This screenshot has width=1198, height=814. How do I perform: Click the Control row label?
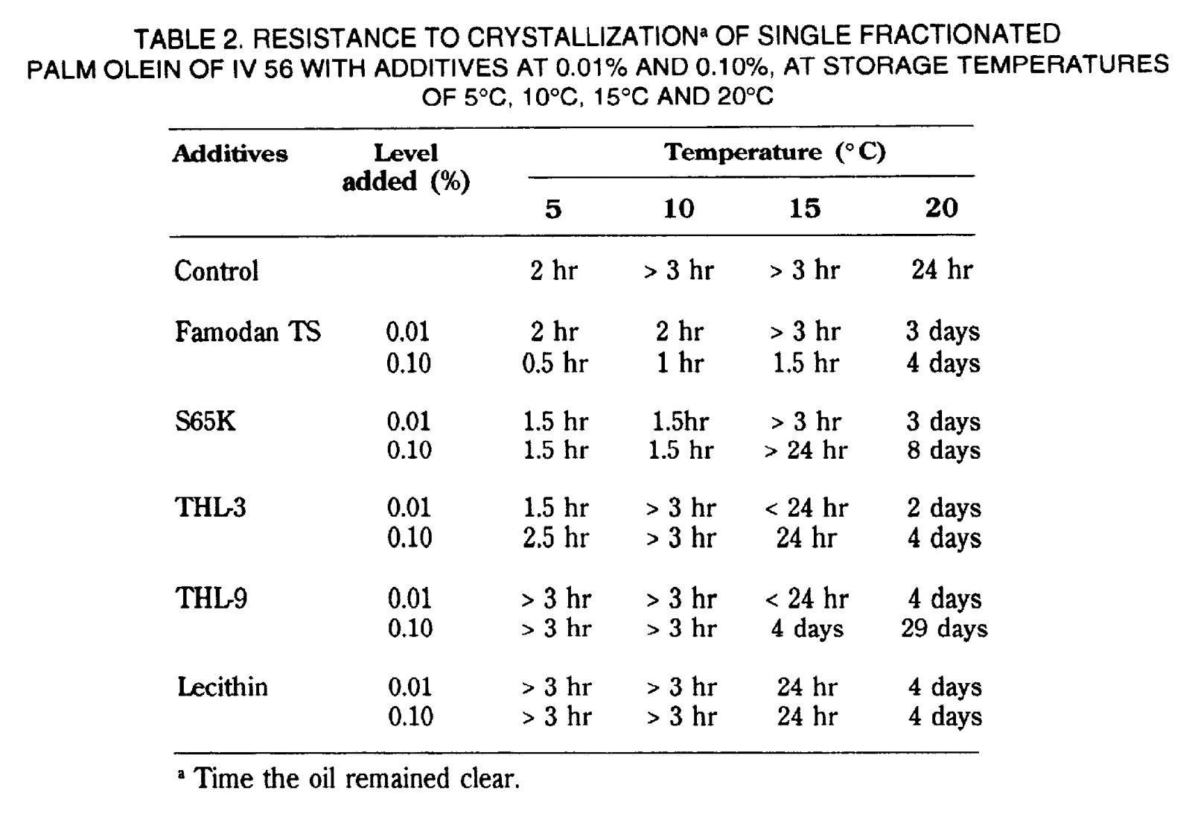pos(217,270)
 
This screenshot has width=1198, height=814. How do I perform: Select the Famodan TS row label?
pos(248,331)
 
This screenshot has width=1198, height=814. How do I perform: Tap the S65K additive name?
pos(205,422)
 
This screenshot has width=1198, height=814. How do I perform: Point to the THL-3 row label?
pos(210,507)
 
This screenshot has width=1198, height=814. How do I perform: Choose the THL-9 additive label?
pos(211,598)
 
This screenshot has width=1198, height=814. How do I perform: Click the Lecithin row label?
pos(223,687)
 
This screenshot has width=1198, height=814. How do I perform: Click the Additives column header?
pos(230,154)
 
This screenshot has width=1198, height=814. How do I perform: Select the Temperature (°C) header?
pos(775,153)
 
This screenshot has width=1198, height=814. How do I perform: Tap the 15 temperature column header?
pos(805,208)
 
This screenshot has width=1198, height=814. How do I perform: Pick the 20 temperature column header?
pos(942,208)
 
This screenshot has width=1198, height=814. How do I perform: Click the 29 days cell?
pos(945,629)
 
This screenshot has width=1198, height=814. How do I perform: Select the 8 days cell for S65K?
pos(944,451)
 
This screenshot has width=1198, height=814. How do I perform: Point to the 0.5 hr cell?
pos(555,363)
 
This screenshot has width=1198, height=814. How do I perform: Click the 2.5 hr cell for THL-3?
pos(555,538)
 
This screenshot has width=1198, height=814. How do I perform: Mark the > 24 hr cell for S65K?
pos(806,451)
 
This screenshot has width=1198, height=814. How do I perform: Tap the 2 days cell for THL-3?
pos(944,508)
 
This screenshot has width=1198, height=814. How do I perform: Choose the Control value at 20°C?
pos(942,270)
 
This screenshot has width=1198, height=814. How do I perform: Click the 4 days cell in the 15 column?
pos(807,629)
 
